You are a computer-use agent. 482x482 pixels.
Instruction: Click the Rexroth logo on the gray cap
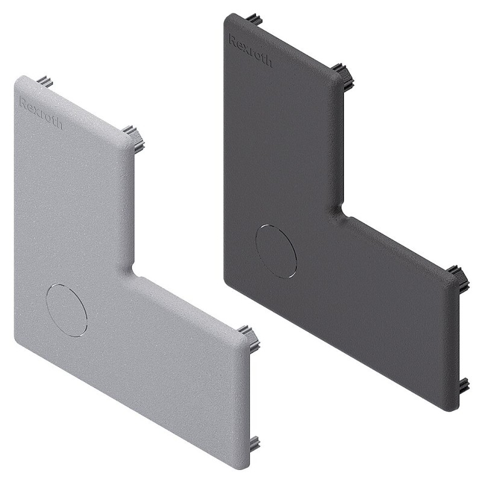[40, 112]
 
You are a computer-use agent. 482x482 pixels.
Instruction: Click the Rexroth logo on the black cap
[250, 51]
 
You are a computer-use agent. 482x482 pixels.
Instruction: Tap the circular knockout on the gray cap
[67, 310]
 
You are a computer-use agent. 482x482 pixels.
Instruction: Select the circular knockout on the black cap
[276, 251]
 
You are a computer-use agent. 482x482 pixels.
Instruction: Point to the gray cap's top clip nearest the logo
[45, 82]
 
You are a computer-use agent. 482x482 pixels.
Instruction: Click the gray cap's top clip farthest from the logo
[133, 138]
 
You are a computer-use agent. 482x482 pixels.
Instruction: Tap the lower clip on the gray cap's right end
[254, 445]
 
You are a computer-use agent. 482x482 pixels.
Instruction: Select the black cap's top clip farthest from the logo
[343, 75]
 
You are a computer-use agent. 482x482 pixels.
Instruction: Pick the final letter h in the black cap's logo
[268, 61]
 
